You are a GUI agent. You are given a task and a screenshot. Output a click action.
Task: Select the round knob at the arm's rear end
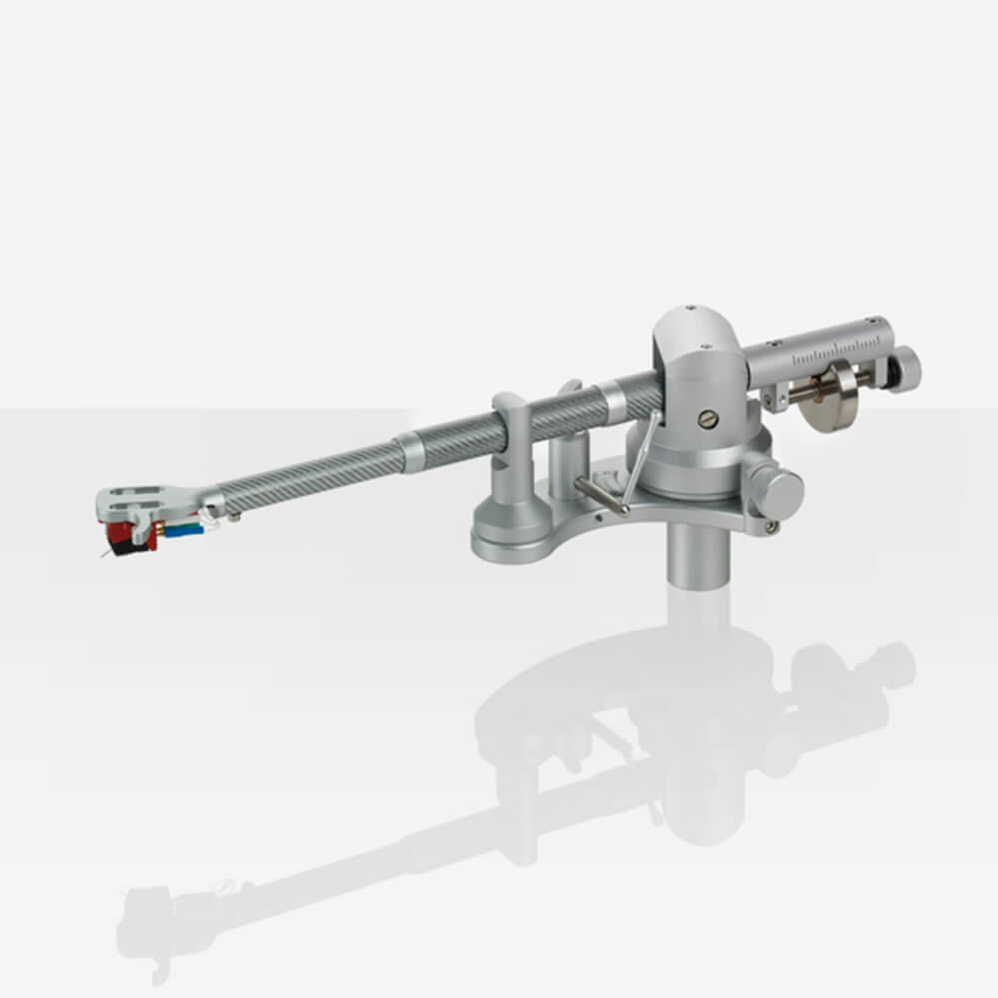click(903, 370)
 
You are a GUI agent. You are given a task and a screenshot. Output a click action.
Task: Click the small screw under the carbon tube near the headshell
click(235, 517)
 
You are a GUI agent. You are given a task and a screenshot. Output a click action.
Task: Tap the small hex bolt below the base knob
click(769, 525)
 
